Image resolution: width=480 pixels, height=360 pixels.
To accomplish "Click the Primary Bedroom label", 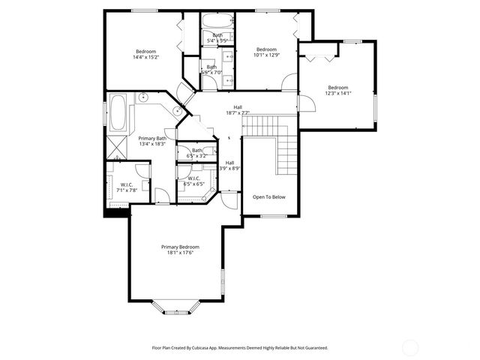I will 180,247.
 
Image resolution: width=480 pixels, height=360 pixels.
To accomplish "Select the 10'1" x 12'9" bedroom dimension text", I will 265,54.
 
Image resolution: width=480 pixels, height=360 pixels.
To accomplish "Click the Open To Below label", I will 268,197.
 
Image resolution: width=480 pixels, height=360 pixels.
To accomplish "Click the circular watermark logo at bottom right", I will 411,347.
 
